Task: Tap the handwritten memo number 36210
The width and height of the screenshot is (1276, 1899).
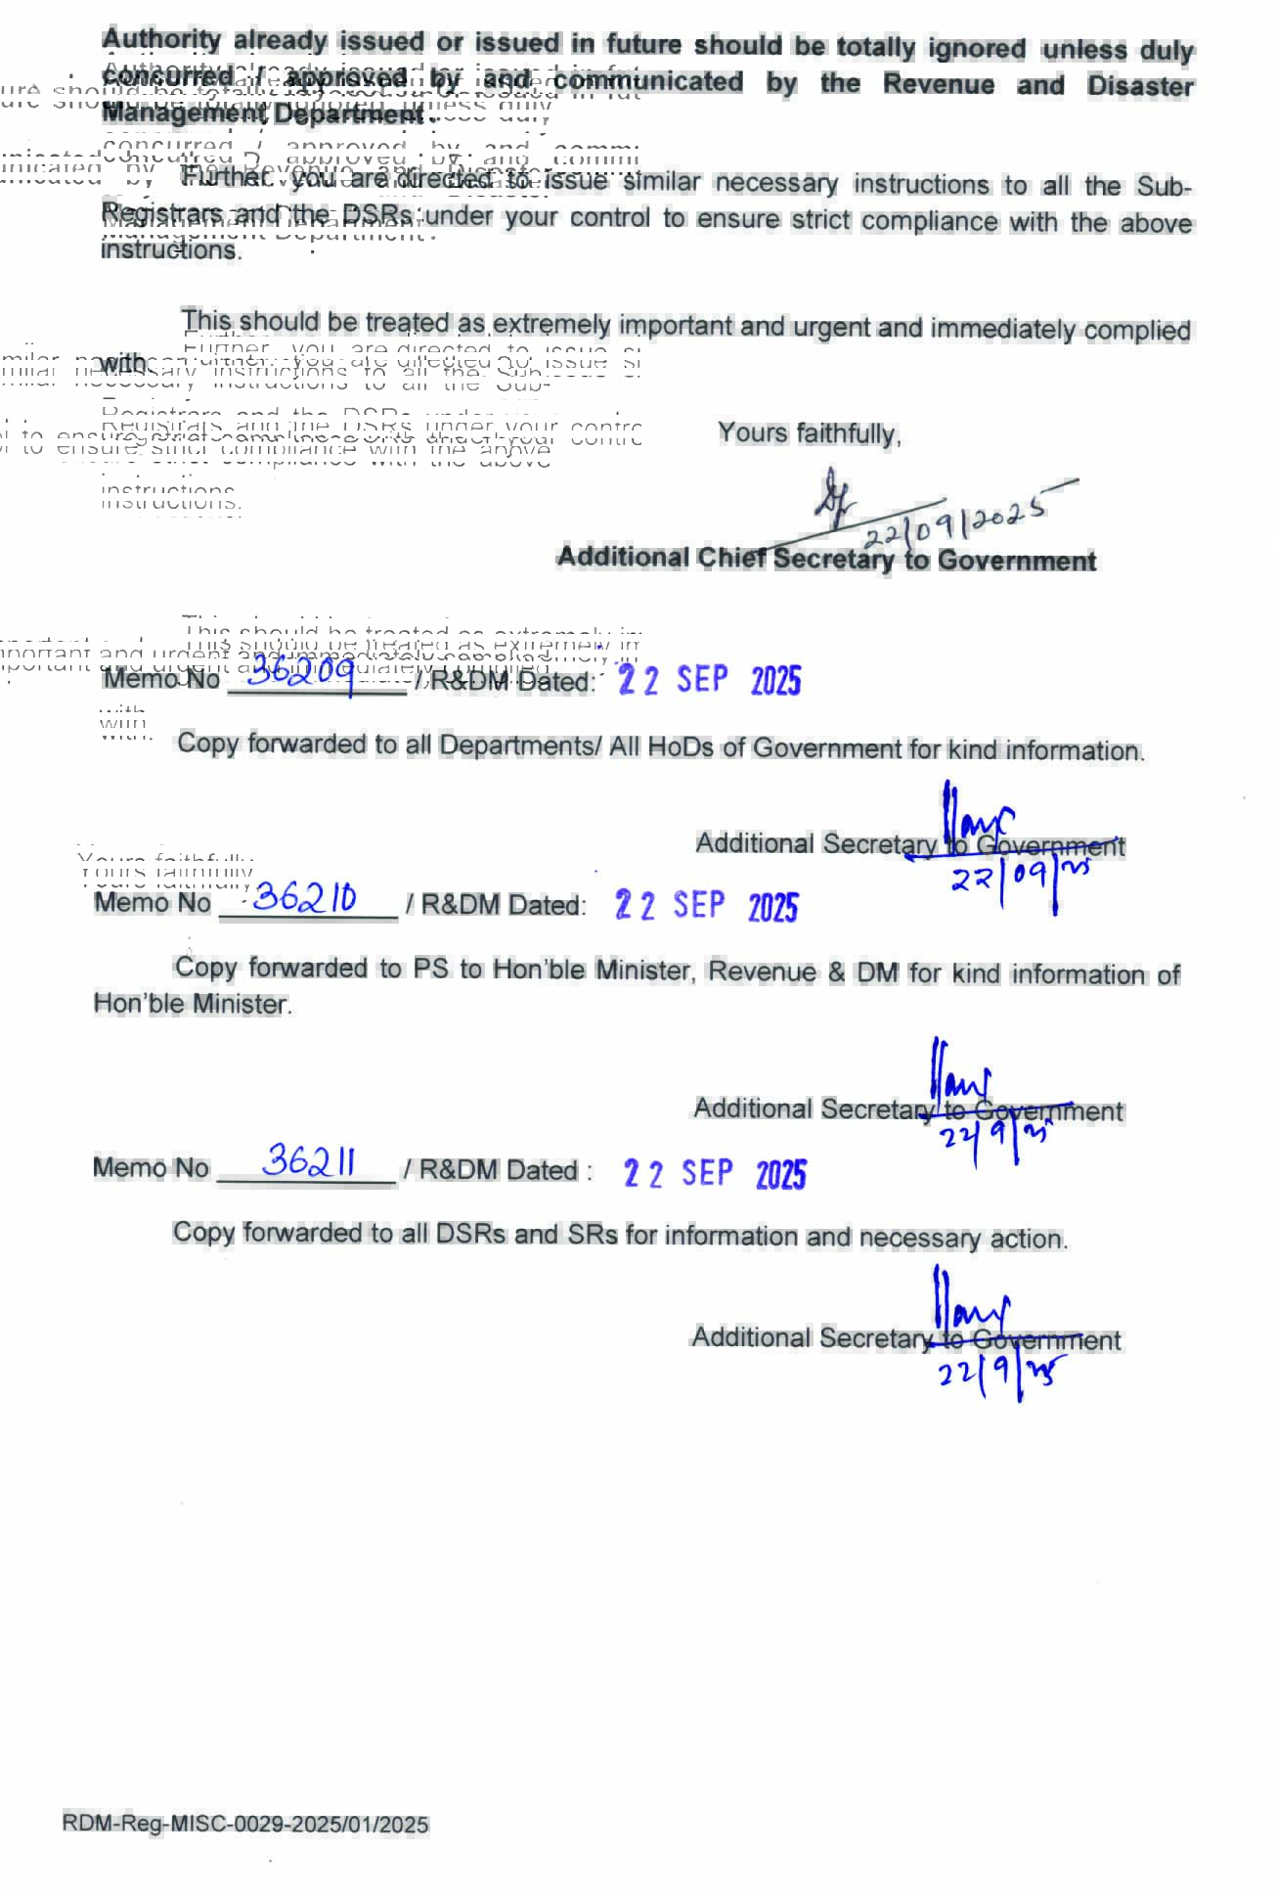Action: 304,897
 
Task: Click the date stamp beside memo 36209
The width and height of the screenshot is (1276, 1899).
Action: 710,680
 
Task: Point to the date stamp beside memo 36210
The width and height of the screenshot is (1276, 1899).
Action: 706,906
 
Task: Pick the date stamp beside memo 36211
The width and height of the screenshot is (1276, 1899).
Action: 714,1172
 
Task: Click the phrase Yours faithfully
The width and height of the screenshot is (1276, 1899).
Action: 809,433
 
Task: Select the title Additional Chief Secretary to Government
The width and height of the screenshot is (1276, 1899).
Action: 826,559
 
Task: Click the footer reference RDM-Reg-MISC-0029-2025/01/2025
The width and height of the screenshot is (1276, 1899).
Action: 245,1824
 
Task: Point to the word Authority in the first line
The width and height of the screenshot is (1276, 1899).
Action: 161,40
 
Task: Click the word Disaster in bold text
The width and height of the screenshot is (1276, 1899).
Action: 1139,86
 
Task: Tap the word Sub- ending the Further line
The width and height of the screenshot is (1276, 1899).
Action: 1163,186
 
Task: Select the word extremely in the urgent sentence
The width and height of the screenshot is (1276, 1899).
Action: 551,324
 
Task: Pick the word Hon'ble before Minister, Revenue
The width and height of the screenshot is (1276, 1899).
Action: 541,970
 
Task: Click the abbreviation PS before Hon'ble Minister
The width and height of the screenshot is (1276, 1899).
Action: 430,969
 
